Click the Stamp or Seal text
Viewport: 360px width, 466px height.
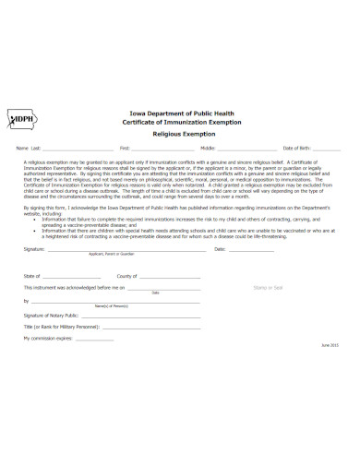point(269,288)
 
